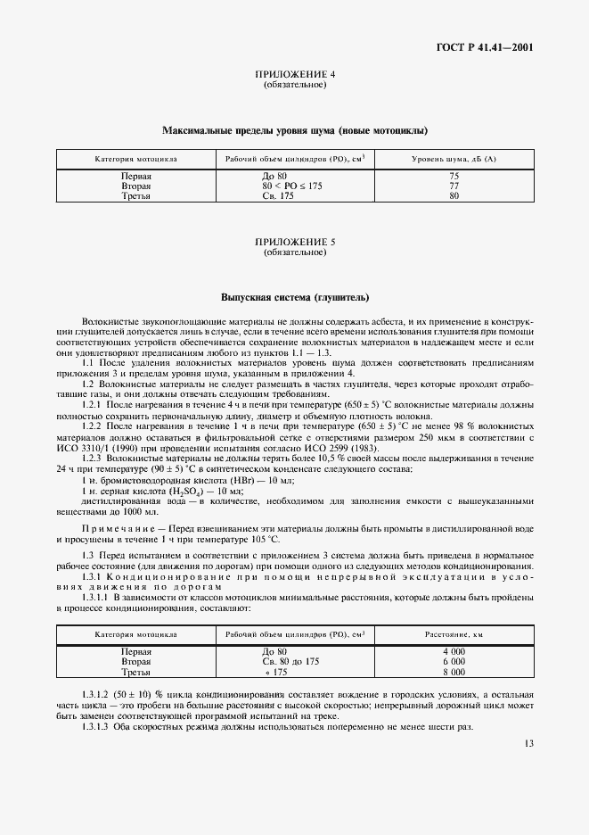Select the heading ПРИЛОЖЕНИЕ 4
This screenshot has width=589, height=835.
coord(295,75)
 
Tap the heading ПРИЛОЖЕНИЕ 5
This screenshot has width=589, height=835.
coord(295,242)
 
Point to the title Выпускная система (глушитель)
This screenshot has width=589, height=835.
coord(295,297)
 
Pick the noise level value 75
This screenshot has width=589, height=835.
coord(454,177)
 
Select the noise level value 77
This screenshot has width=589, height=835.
coord(454,186)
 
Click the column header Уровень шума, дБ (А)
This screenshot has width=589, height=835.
coord(454,158)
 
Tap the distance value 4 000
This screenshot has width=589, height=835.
coord(454,652)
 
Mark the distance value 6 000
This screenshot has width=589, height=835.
coord(454,662)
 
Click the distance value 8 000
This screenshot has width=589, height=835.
coord(454,672)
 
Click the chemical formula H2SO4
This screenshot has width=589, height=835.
coord(186,491)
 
